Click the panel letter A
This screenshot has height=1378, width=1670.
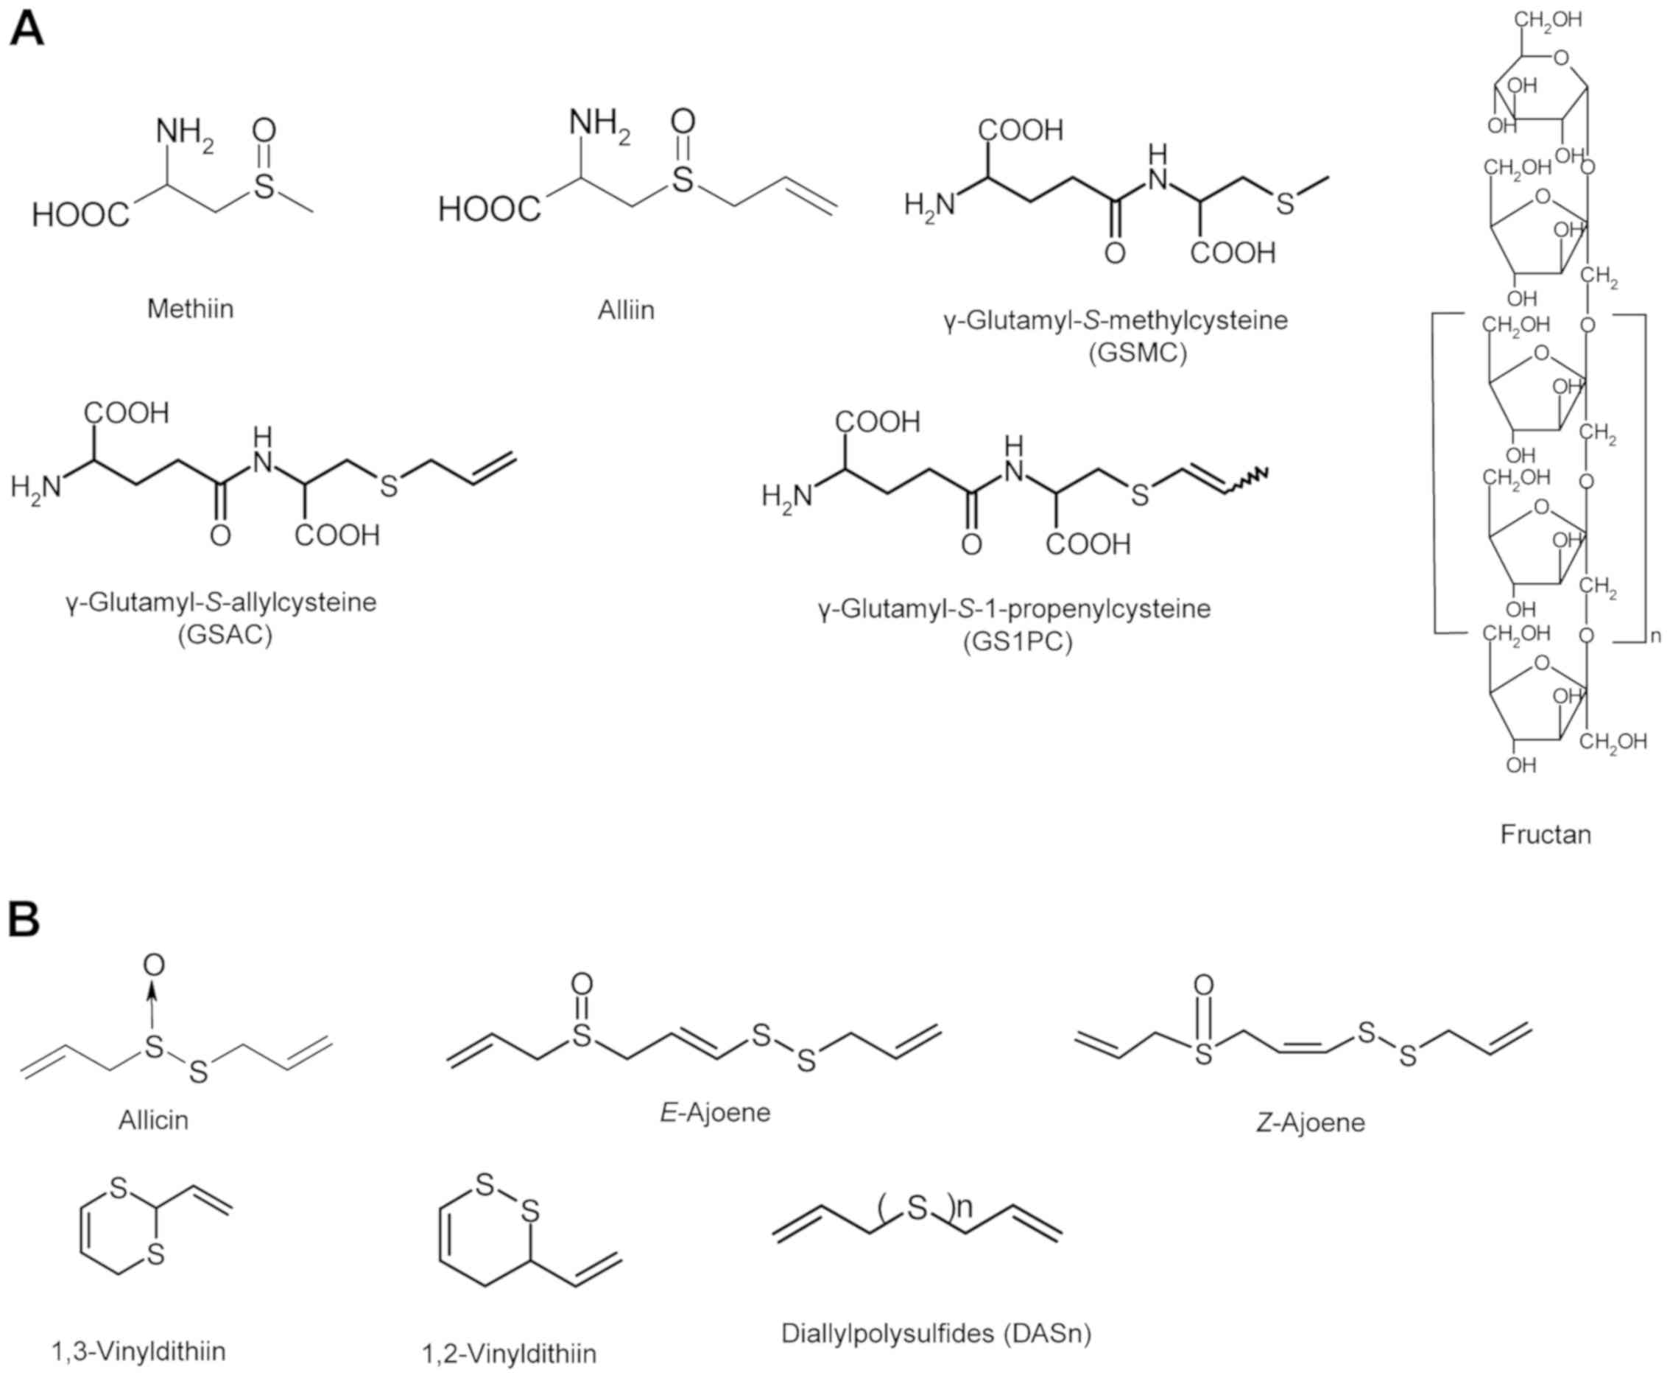(27, 32)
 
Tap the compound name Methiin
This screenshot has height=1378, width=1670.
(191, 308)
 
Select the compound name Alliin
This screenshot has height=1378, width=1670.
(626, 309)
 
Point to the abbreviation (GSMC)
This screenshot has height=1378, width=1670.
(1138, 351)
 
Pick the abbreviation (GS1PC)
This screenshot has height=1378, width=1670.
(1018, 641)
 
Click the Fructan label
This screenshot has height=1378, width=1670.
(1546, 834)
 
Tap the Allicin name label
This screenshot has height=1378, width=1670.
(154, 1120)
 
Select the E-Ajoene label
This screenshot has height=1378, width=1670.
(715, 1112)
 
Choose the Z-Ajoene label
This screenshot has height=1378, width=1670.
(1311, 1122)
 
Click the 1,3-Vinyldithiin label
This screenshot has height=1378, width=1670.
(139, 1350)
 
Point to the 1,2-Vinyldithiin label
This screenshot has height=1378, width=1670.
(510, 1354)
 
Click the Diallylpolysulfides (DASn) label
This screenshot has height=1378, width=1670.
(937, 1333)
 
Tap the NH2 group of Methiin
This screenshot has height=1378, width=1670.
(184, 133)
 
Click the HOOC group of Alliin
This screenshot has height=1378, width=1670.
(490, 210)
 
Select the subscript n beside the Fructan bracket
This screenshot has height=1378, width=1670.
(1656, 636)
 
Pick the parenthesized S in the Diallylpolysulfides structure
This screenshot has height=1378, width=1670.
(917, 1208)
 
